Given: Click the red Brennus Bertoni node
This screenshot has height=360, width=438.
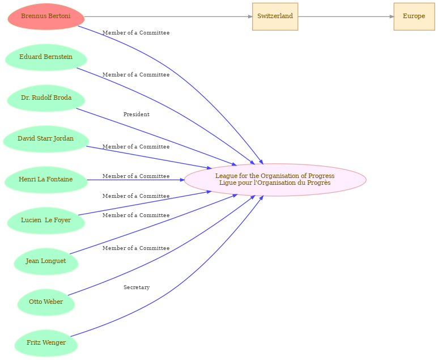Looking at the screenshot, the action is pos(46,16).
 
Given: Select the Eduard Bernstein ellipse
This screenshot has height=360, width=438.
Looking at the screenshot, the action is pos(46,57).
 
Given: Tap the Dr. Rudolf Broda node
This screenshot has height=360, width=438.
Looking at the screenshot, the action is pos(46,98).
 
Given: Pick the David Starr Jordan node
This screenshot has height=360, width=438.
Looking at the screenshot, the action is pos(46,139).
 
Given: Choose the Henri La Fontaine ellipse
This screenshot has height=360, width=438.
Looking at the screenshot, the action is pos(46,180).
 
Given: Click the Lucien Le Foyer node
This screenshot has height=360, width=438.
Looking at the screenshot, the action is pos(46,221).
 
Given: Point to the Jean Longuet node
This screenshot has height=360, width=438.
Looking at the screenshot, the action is pos(46,261).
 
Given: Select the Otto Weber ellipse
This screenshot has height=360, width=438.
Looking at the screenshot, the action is pos(46,302).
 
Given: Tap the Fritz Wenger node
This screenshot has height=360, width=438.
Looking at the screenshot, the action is pos(46,343).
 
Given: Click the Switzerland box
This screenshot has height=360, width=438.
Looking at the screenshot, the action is pos(275,16).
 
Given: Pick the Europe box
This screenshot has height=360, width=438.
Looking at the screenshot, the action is pos(414,16).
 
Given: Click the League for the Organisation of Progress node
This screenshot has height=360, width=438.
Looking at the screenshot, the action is pos(275,180).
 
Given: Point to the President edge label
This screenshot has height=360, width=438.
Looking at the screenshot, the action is pos(137,115).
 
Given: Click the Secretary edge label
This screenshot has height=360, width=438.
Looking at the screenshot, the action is pos(137,287).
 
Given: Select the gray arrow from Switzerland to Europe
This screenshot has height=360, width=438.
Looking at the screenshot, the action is pos(346,16).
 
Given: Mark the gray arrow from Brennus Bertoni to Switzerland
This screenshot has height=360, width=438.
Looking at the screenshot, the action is pos(168,16).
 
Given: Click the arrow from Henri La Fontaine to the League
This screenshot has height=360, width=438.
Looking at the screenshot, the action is pos(136,180).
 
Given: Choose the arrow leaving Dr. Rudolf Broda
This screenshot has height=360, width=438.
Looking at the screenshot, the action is pos(156,137).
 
